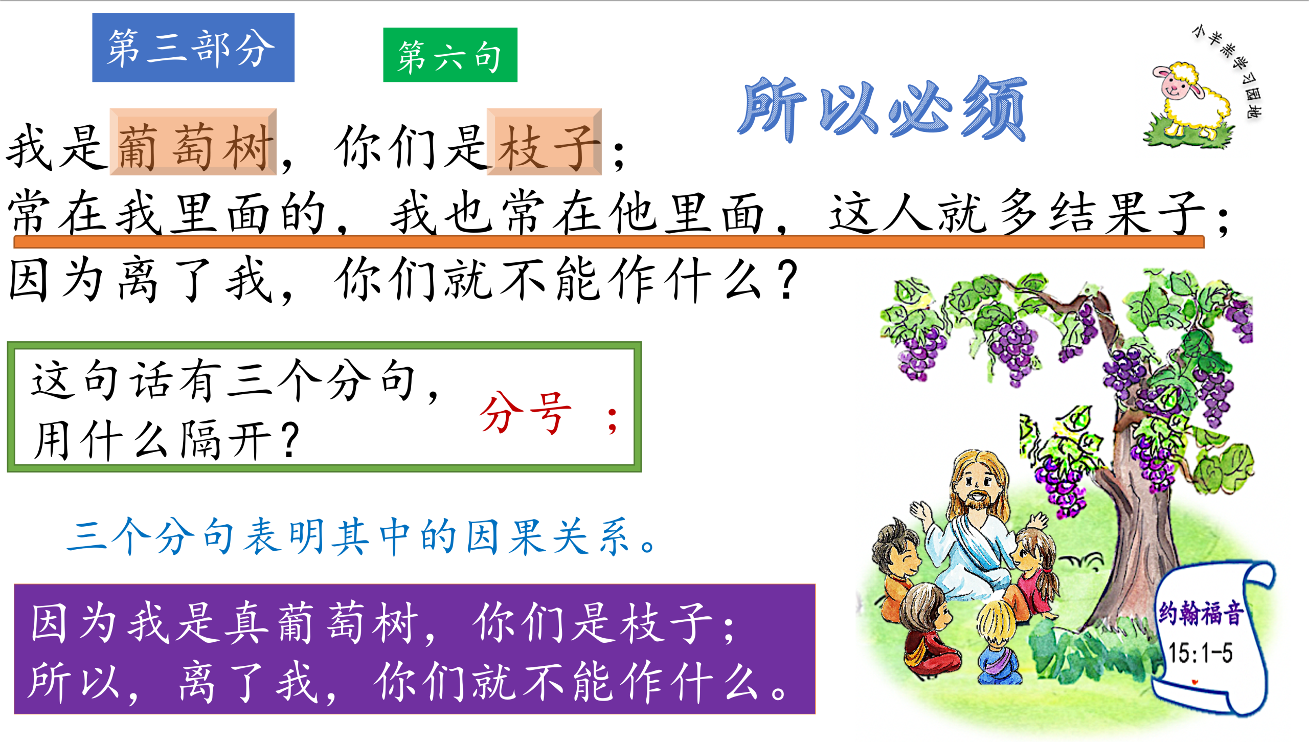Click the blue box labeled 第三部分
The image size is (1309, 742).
coord(193,48)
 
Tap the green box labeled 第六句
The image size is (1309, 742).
coord(450,55)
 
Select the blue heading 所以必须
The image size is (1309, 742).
coord(882,108)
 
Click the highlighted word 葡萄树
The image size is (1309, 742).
coord(193,142)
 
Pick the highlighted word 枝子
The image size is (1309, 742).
coord(544,142)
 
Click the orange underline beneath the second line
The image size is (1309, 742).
coord(608,242)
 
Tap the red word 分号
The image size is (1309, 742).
coord(526,413)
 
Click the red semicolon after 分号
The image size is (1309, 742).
coord(612,421)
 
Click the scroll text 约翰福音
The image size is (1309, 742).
coord(1200,613)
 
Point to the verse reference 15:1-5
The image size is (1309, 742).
coord(1200,653)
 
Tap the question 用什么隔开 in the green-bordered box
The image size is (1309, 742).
coord(166,439)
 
